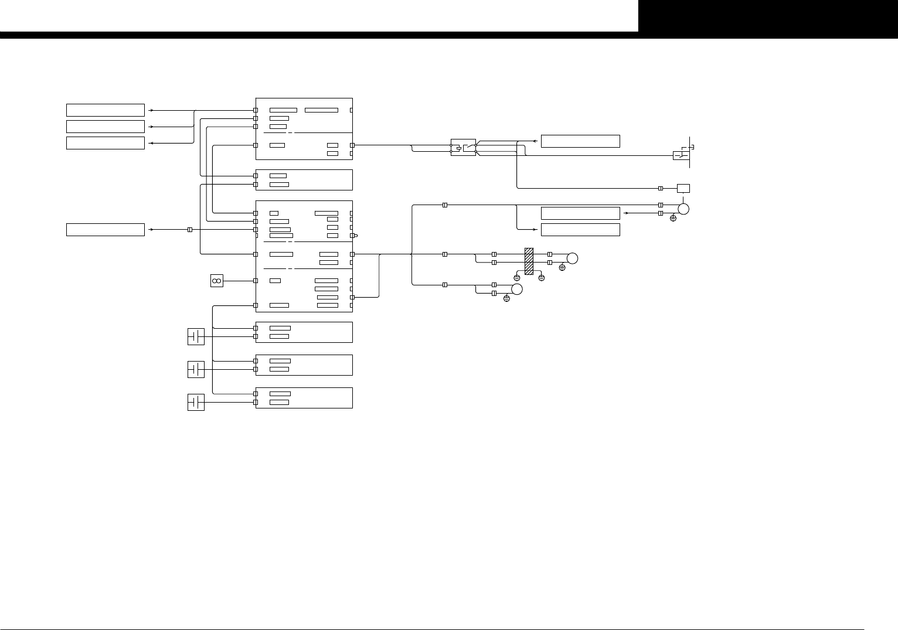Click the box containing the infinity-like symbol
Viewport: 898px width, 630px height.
[216, 281]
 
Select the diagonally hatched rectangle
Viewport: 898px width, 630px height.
[529, 261]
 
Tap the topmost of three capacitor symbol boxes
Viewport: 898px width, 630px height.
[196, 336]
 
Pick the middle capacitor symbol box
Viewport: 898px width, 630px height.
[196, 369]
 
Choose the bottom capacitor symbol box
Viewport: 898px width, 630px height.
[196, 402]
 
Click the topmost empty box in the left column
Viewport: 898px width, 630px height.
[106, 110]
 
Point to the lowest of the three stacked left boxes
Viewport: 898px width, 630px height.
[106, 143]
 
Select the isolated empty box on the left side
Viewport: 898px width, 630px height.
[106, 230]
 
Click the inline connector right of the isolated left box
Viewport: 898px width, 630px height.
[189, 230]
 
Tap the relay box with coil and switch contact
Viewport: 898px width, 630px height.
[463, 147]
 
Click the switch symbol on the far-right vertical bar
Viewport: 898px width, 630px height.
[681, 155]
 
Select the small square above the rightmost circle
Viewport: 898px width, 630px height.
[683, 188]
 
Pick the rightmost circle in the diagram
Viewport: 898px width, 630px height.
[683, 209]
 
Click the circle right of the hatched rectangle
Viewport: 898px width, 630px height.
[573, 258]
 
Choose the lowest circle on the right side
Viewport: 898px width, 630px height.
[517, 289]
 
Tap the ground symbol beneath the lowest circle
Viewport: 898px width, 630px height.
[506, 299]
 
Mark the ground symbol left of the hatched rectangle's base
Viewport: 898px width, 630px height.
[517, 277]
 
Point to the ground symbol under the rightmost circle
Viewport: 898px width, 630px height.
[673, 219]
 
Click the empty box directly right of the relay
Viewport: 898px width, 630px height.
[580, 141]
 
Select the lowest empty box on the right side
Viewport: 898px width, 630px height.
[580, 230]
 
